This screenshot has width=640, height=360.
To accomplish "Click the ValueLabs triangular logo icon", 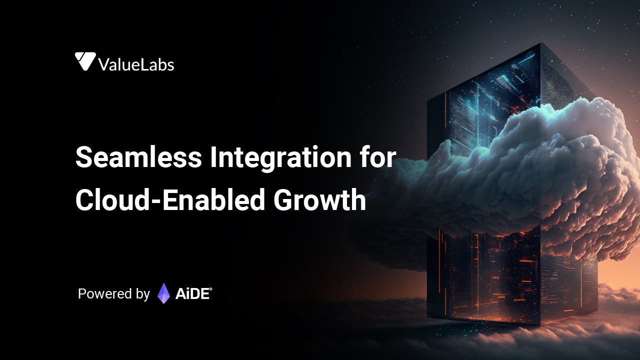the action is [x=85, y=61].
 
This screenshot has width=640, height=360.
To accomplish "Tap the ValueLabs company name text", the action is [x=136, y=64].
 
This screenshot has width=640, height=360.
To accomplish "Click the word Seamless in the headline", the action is [x=138, y=157].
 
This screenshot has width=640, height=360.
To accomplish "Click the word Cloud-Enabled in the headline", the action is [x=170, y=199].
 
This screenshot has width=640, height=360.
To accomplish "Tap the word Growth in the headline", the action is [x=319, y=199].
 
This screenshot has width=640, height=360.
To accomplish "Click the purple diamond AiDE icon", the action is [x=163, y=293].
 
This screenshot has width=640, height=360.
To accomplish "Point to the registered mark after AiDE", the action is [x=211, y=289].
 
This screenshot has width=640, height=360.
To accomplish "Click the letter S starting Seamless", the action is [x=84, y=157].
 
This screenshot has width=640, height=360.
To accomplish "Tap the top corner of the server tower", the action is [x=540, y=43].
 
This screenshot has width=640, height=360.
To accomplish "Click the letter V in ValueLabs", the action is [x=104, y=65].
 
